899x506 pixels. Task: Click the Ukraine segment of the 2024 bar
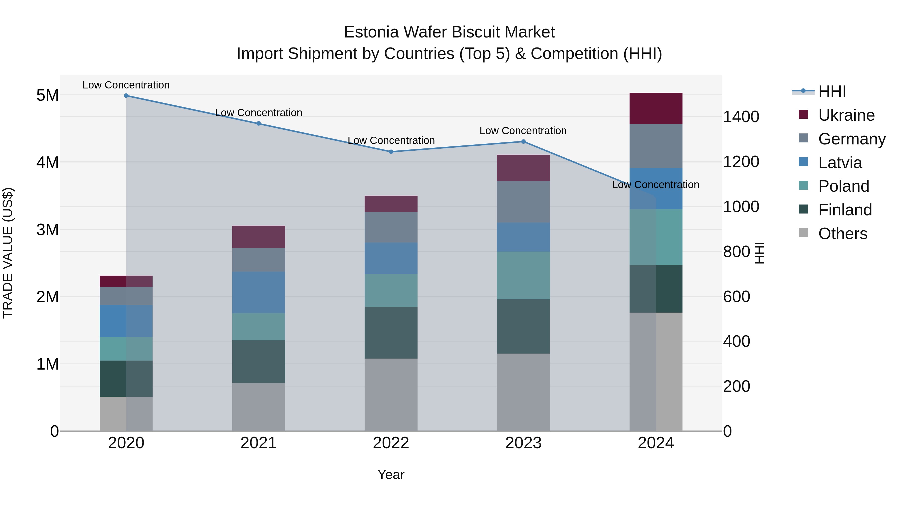point(656,108)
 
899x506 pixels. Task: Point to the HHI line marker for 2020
point(126,96)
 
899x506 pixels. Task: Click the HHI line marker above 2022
point(391,152)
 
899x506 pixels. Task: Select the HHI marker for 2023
point(523,141)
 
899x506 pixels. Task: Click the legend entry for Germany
point(852,139)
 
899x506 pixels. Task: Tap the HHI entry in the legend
point(832,91)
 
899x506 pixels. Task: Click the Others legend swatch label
point(843,233)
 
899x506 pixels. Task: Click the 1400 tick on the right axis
point(741,117)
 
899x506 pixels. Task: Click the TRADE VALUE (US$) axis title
point(8,253)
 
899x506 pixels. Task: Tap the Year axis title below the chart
point(391,475)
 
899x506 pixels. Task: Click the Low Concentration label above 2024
point(656,184)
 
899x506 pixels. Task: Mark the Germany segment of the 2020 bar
point(126,296)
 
